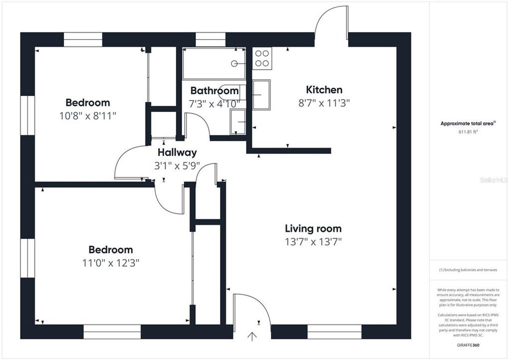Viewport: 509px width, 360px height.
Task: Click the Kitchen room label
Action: [x=324, y=90]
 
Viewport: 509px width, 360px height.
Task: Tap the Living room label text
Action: [x=313, y=229]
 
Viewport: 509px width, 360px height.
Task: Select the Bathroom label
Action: [x=214, y=91]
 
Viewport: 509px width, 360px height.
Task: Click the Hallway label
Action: [x=177, y=152]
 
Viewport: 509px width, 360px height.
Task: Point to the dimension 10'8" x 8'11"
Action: [x=87, y=115]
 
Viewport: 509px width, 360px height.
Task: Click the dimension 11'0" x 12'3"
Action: [x=110, y=262]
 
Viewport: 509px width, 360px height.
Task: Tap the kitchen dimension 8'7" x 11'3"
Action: [x=324, y=103]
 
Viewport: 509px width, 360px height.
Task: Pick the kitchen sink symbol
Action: [x=261, y=94]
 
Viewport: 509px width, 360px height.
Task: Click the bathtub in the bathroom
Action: [x=214, y=63]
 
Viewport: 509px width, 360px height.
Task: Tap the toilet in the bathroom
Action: [x=238, y=122]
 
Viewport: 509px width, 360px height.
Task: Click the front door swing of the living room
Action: [x=251, y=310]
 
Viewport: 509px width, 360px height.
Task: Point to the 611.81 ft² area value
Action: [x=468, y=132]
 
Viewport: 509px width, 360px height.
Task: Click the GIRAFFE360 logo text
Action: [x=468, y=345]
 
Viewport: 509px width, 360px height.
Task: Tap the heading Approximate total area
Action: [x=467, y=123]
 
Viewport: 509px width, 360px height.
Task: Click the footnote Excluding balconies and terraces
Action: [x=468, y=270]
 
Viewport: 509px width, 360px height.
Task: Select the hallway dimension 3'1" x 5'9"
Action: [x=177, y=165]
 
